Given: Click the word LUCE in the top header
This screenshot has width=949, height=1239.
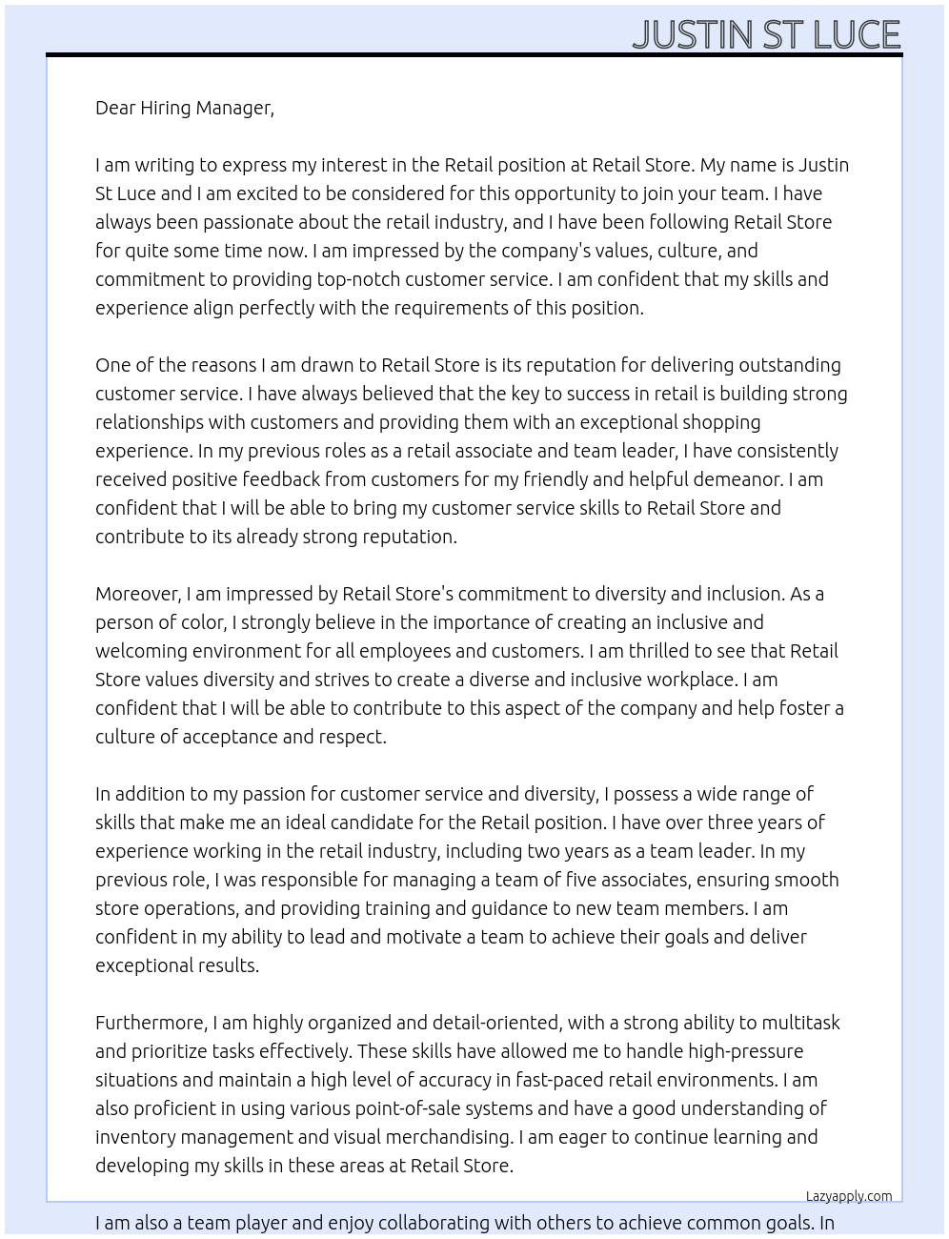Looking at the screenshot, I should tap(857, 35).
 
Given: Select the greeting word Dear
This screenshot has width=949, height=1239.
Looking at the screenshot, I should tap(115, 108).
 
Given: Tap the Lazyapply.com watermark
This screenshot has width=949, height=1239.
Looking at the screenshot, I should tap(848, 1196).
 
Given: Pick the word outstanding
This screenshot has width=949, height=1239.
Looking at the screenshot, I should tap(780, 365).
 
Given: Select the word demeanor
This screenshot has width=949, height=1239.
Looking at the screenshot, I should tap(715, 479).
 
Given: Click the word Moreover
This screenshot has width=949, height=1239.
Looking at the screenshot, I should tap(137, 594).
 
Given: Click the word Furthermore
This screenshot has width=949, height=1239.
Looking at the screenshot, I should tap(151, 1023).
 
